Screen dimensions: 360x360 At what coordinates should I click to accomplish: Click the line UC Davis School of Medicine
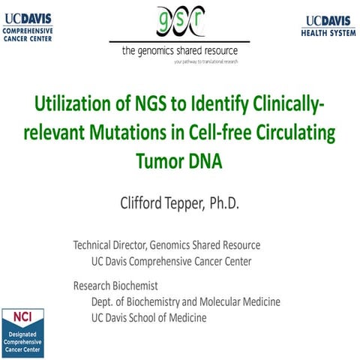point(148,317)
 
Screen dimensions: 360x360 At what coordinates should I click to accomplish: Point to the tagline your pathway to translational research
point(216,62)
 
